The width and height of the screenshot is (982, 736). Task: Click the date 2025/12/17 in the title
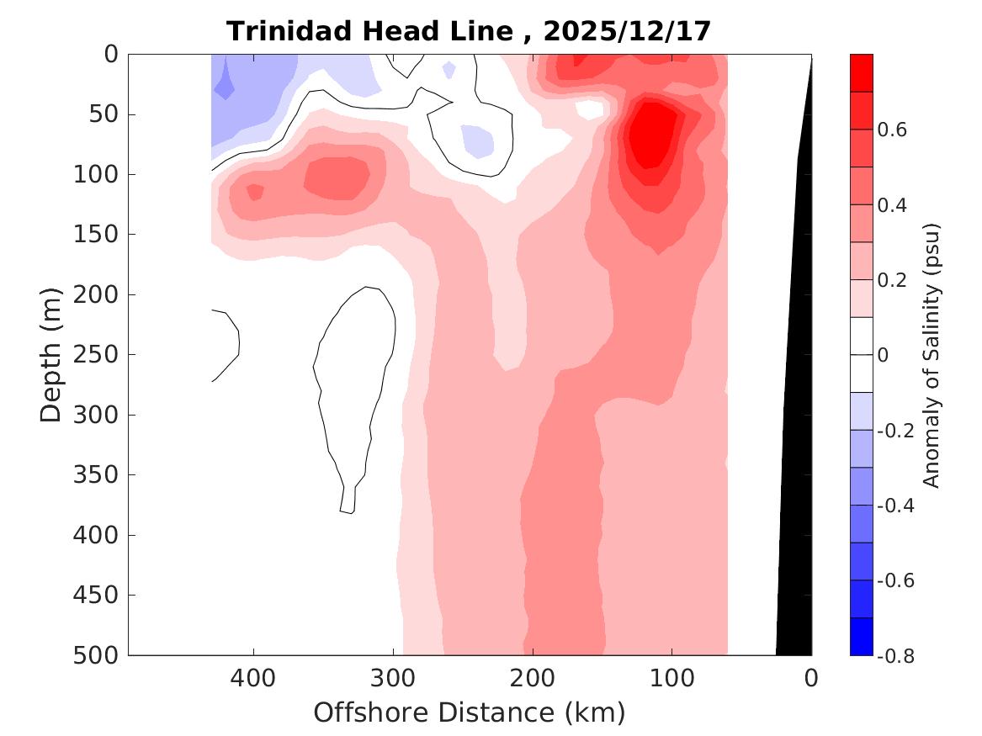[x=627, y=31]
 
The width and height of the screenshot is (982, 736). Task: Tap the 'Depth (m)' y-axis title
[x=51, y=354]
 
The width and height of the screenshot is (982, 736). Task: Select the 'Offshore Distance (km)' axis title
[x=469, y=712]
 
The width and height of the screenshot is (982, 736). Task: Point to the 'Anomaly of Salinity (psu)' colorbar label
[x=931, y=354]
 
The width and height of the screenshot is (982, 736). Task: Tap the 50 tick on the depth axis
[x=107, y=114]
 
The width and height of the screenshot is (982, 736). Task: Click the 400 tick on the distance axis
[x=253, y=677]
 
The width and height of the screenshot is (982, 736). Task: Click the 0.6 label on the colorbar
[x=892, y=130]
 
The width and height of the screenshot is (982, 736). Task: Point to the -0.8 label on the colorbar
[x=895, y=655]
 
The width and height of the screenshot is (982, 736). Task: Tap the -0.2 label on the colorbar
[x=895, y=431]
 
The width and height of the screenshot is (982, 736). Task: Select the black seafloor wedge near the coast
[x=794, y=505]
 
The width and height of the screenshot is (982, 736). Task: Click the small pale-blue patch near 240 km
[x=478, y=140]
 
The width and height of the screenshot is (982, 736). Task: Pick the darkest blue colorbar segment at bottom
[x=862, y=636]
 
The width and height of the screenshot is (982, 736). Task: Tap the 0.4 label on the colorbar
[x=892, y=206]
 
